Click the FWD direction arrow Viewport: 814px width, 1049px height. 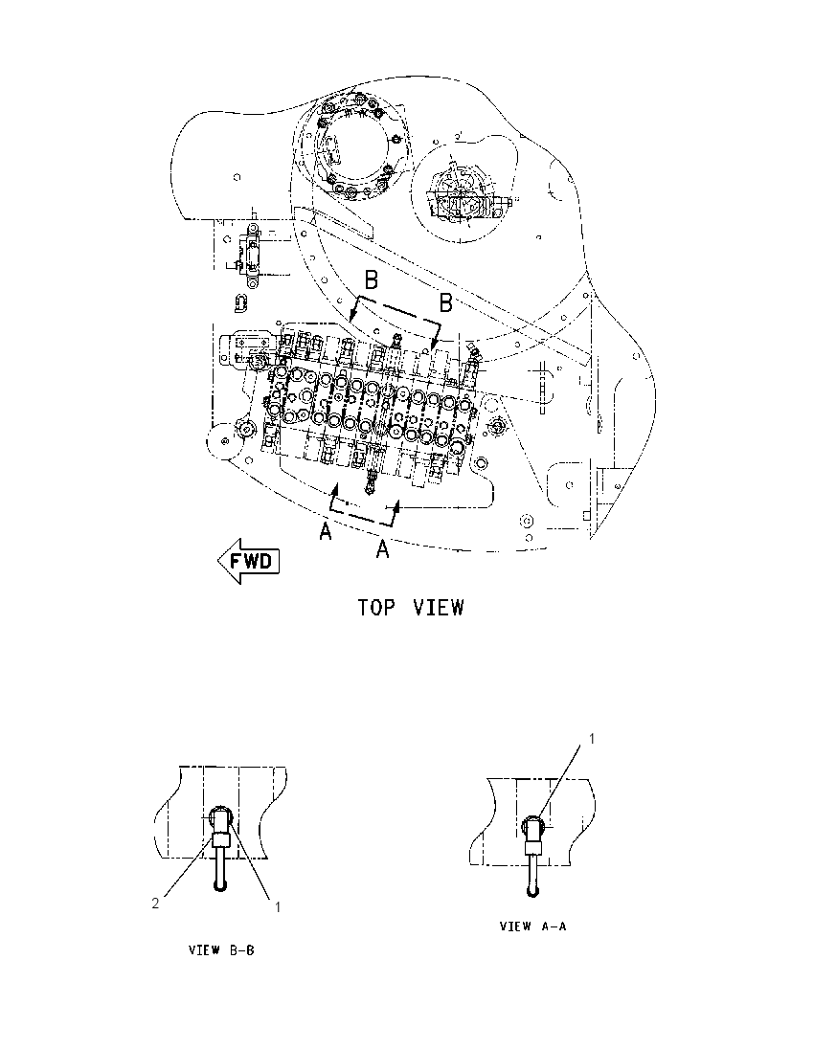click(x=248, y=560)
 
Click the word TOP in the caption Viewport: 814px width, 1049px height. click(x=376, y=608)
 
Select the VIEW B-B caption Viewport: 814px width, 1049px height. click(x=221, y=950)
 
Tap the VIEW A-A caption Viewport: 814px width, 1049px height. click(x=532, y=926)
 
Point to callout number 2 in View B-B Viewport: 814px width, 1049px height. click(x=155, y=904)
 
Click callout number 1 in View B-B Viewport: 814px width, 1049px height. click(x=277, y=907)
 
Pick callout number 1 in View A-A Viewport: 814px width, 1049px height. click(x=591, y=738)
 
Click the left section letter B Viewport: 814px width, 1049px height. click(x=371, y=279)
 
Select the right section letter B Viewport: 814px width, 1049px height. click(x=446, y=303)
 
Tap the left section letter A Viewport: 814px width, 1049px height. click(x=326, y=532)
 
